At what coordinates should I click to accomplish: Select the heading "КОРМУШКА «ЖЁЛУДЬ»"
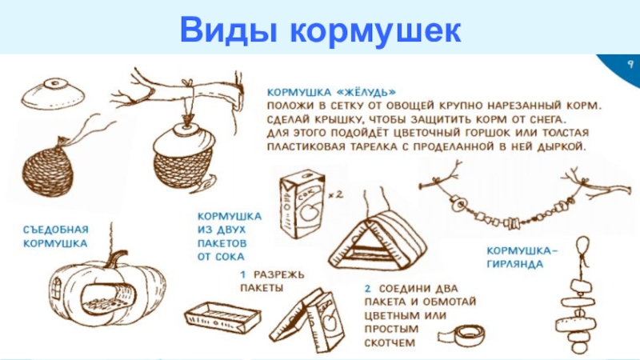(332, 91)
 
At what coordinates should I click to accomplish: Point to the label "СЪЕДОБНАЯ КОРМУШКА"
(55, 234)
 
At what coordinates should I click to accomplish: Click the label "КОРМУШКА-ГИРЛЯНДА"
(524, 256)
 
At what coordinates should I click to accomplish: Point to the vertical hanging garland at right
(581, 300)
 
